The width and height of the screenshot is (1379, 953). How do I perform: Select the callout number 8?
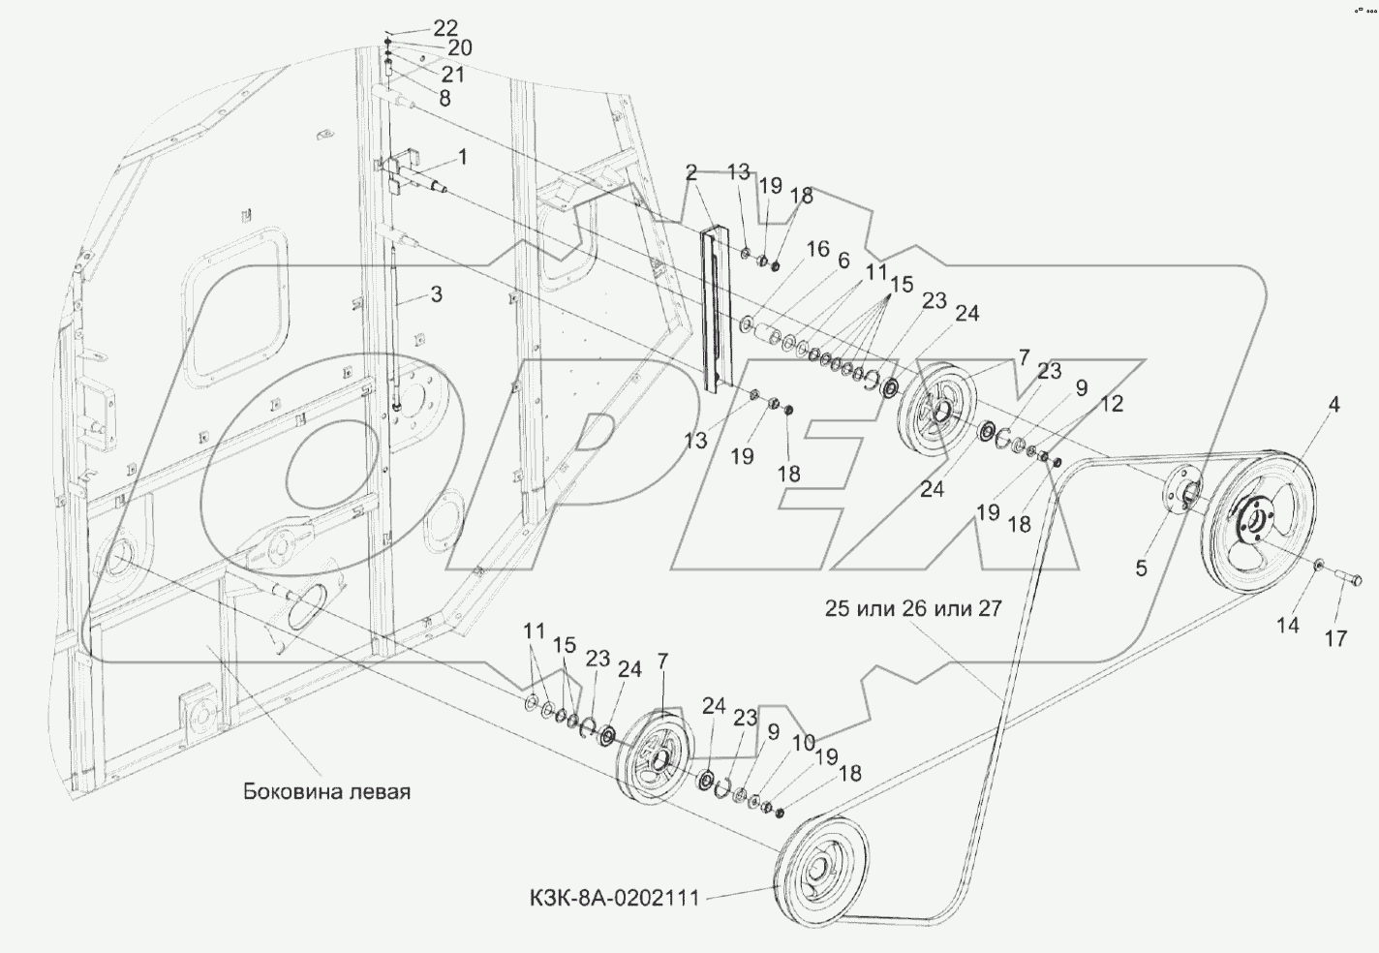point(444,98)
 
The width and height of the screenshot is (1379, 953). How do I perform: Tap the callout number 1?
point(463,155)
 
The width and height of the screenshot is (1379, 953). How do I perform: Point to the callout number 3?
point(437,292)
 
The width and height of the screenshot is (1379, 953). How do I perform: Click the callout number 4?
point(1334,406)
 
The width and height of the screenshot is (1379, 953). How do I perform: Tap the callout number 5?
point(1141,569)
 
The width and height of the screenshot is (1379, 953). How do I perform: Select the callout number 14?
point(1287,625)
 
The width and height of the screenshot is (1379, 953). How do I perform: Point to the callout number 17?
point(1335,638)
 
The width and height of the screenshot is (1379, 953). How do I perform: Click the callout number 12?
point(1111,404)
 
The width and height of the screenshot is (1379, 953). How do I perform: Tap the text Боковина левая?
point(326,791)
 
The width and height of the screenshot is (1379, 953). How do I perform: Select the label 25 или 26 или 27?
point(913,608)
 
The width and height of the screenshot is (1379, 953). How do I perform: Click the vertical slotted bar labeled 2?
point(715,308)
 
